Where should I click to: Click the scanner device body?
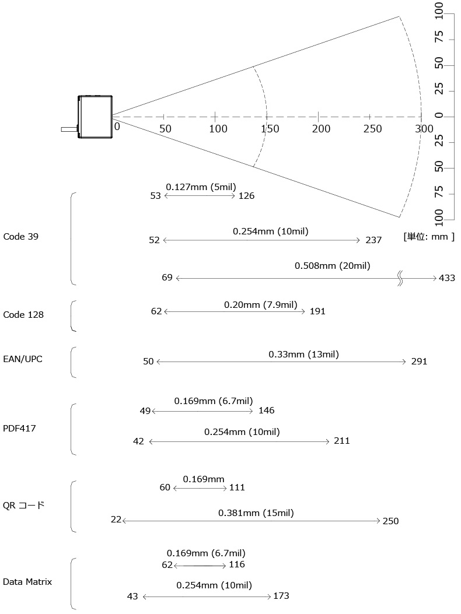pyautogui.click(x=95, y=117)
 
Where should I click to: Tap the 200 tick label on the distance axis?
pyautogui.click(x=321, y=128)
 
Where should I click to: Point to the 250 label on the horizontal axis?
pyautogui.click(x=372, y=128)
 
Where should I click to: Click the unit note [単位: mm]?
pyautogui.click(x=429, y=237)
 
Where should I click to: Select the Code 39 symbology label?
pyautogui.click(x=21, y=237)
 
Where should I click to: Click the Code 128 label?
pyautogui.click(x=23, y=314)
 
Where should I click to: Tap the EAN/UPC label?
pyautogui.click(x=22, y=359)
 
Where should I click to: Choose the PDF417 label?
pyautogui.click(x=19, y=428)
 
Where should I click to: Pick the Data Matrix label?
pyautogui.click(x=27, y=581)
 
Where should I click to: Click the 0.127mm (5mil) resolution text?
pyautogui.click(x=201, y=187)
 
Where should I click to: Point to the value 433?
pyautogui.click(x=447, y=278)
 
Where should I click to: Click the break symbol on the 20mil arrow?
pyautogui.click(x=400, y=278)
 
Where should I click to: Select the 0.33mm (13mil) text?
pyautogui.click(x=303, y=355)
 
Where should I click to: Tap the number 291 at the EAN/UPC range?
pyautogui.click(x=419, y=361)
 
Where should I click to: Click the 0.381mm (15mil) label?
pyautogui.click(x=256, y=513)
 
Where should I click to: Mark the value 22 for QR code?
pyautogui.click(x=116, y=519)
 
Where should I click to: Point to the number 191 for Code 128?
pyautogui.click(x=317, y=311)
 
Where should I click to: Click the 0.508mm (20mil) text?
pyautogui.click(x=333, y=266)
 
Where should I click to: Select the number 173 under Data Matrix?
pyautogui.click(x=281, y=595)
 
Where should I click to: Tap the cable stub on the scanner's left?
pyautogui.click(x=69, y=129)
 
